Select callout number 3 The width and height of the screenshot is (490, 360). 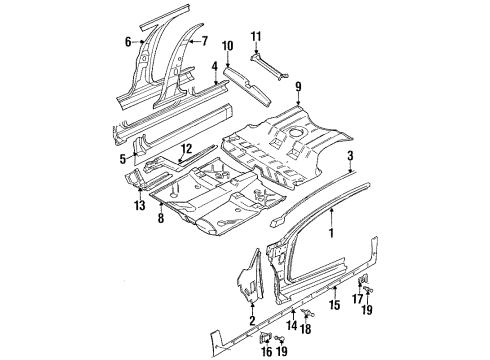pos(349,157)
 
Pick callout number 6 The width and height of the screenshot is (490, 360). pos(128,41)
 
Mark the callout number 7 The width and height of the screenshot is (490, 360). pos(204,41)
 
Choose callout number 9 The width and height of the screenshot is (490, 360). pos(298,87)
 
